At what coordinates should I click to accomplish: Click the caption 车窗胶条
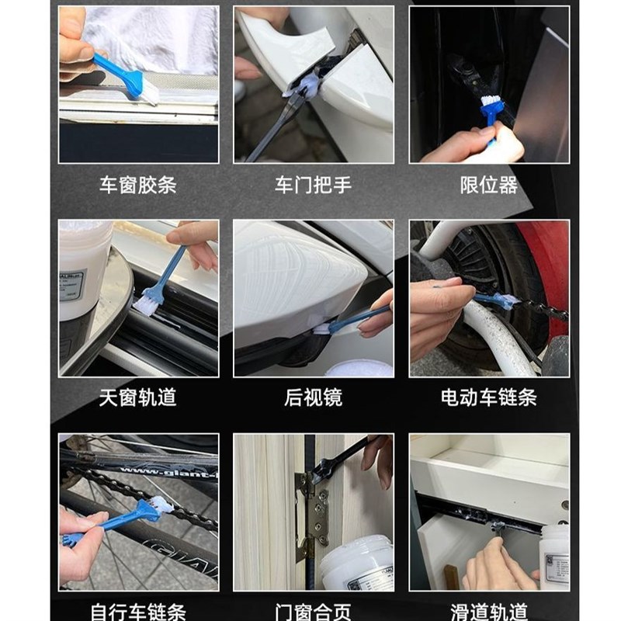[x=138, y=186]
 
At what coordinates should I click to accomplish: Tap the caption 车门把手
[x=314, y=186]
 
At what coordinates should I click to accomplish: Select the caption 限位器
[x=489, y=186]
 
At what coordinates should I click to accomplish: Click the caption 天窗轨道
[x=138, y=398]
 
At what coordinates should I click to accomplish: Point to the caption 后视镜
[x=314, y=398]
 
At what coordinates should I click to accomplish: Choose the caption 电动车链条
[x=489, y=398]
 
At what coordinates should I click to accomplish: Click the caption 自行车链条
[x=138, y=611]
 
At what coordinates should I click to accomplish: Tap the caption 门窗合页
[x=314, y=611]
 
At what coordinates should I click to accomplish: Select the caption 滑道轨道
[x=489, y=611]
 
